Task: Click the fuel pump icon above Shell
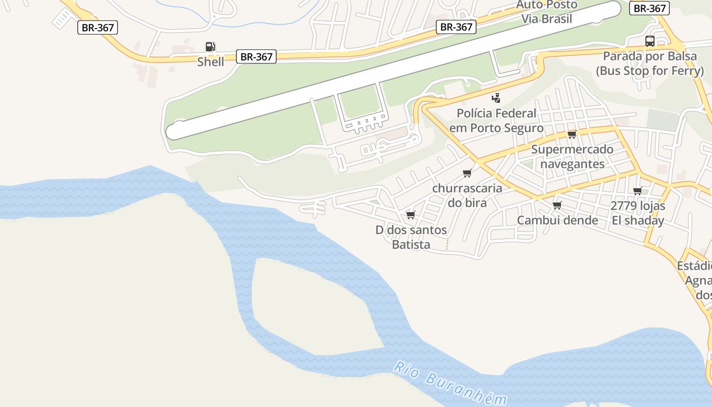[210, 47]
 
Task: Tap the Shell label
[211, 62]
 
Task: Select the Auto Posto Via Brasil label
[547, 12]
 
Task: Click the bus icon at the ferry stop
[649, 41]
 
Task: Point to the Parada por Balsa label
[649, 63]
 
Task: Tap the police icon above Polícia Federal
[496, 98]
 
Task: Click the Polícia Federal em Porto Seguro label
[496, 121]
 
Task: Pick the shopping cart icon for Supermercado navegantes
[572, 134]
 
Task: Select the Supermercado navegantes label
[572, 157]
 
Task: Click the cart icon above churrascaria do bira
[467, 173]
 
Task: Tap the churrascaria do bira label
[467, 195]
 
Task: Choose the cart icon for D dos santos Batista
[411, 215]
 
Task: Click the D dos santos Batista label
[411, 237]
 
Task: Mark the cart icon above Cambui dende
[557, 205]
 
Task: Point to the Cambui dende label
[557, 220]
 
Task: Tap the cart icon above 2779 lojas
[637, 191]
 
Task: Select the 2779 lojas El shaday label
[638, 213]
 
